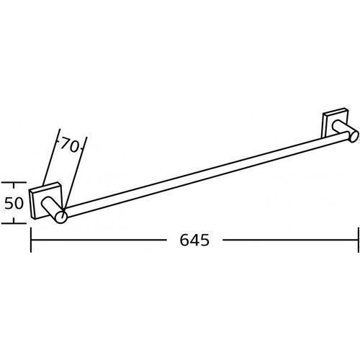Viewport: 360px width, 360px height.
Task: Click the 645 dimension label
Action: click(x=194, y=240)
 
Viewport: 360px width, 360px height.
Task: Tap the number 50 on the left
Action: click(x=14, y=203)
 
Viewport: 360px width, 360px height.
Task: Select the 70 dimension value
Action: click(x=69, y=145)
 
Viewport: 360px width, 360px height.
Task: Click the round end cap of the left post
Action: click(x=61, y=217)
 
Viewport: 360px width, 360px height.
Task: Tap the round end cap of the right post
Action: click(x=354, y=136)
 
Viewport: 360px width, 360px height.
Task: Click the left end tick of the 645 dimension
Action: click(x=31, y=240)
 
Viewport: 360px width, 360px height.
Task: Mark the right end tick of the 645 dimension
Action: click(x=359, y=240)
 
